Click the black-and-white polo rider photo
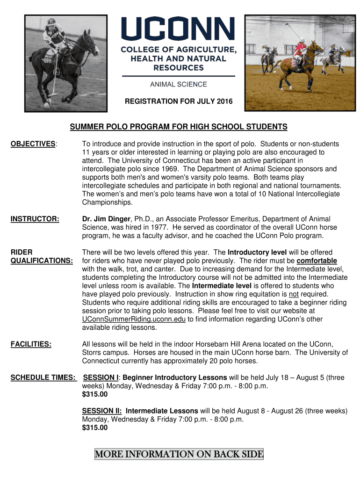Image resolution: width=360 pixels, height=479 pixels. pos(65,64)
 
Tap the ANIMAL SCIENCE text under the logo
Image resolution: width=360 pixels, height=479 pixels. pos(178,85)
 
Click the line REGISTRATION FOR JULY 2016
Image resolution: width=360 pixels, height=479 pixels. pos(178,102)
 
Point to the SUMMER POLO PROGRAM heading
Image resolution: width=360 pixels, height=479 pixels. pos(179,127)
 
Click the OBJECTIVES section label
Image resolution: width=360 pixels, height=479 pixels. pos(33,144)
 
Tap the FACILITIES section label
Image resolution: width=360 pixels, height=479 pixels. pos(31,344)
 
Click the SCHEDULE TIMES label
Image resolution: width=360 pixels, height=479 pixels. pos(43,377)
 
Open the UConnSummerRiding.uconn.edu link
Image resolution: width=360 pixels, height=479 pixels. pos(134,319)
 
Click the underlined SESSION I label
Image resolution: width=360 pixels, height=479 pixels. pos(101,377)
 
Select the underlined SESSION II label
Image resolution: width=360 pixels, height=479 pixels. pos(102,411)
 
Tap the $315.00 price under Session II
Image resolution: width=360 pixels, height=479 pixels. pos(95,428)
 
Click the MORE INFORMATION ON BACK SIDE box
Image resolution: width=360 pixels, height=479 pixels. pos(179,454)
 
